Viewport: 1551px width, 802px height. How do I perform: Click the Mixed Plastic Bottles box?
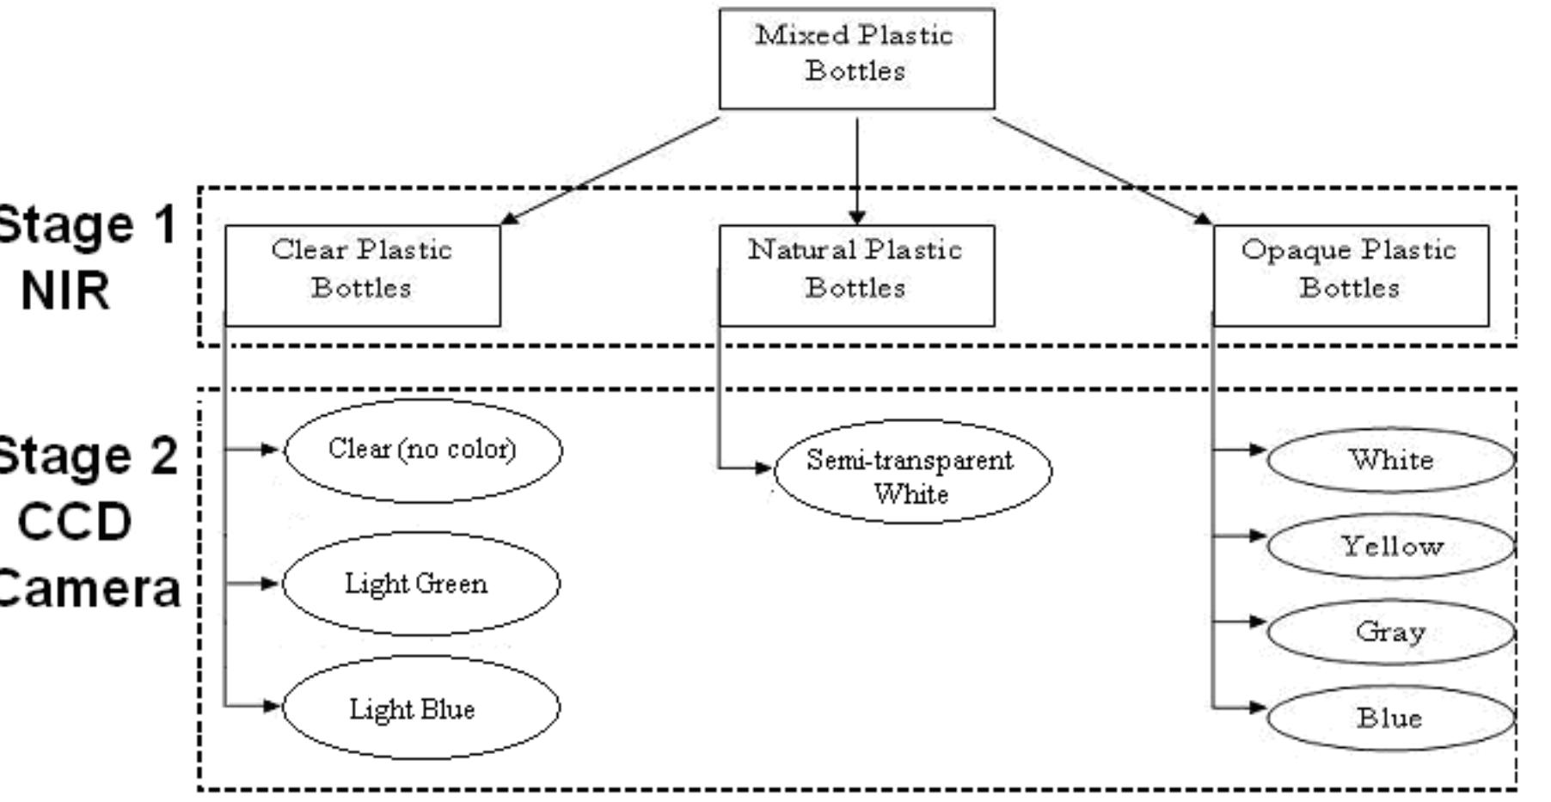pyautogui.click(x=856, y=58)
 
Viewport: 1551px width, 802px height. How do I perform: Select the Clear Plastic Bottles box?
pyautogui.click(x=362, y=275)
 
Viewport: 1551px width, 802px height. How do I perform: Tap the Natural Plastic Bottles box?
pyautogui.click(x=856, y=275)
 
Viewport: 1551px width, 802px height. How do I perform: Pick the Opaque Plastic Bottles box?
pyautogui.click(x=1351, y=275)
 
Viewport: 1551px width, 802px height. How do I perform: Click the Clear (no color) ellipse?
pyautogui.click(x=422, y=450)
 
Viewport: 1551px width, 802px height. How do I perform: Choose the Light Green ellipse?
pyautogui.click(x=420, y=584)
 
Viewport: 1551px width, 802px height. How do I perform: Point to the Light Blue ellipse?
pyautogui.click(x=420, y=708)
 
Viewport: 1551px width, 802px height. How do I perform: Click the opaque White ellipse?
pyautogui.click(x=1390, y=460)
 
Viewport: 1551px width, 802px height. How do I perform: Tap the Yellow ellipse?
pyautogui.click(x=1390, y=546)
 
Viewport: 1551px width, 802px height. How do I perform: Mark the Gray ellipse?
pyautogui.click(x=1390, y=632)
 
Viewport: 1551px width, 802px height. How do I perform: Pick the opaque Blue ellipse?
pyautogui.click(x=1390, y=718)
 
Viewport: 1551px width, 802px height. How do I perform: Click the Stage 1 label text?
pyautogui.click(x=86, y=225)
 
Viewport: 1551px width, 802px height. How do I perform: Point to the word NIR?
pyautogui.click(x=65, y=291)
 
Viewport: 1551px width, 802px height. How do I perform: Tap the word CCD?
pyautogui.click(x=74, y=521)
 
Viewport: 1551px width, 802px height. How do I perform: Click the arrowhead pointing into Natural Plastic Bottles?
pyautogui.click(x=856, y=217)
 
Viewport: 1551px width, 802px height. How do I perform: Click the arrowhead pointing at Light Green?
pyautogui.click(x=271, y=584)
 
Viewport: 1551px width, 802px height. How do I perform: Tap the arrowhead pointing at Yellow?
pyautogui.click(x=1258, y=536)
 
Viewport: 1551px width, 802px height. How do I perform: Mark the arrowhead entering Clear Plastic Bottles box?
pyautogui.click(x=509, y=218)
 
